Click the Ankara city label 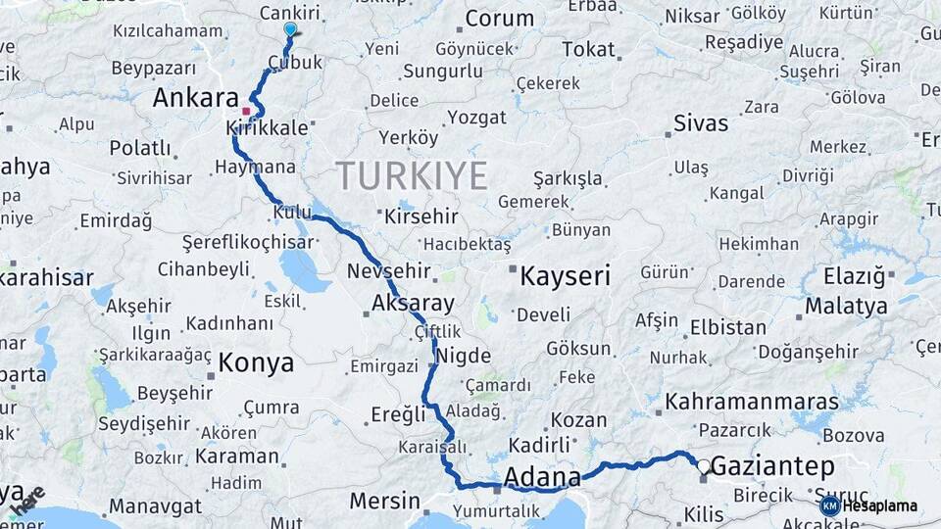pos(196,98)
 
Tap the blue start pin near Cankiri pos(290,29)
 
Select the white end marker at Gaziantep pos(704,465)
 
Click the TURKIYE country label pos(412,176)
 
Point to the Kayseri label pos(565,276)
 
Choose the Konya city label pos(256,362)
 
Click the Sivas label pos(701,123)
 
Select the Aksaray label pos(413,303)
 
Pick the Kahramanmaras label pos(752,402)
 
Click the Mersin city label pos(385,502)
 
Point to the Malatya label pos(846,306)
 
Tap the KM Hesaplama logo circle pos(829,505)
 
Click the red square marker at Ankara pos(246,111)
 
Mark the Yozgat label pos(476,118)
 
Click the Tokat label pos(588,49)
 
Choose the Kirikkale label pos(267,128)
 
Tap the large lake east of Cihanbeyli pos(304,269)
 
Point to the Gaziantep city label pos(772,467)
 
